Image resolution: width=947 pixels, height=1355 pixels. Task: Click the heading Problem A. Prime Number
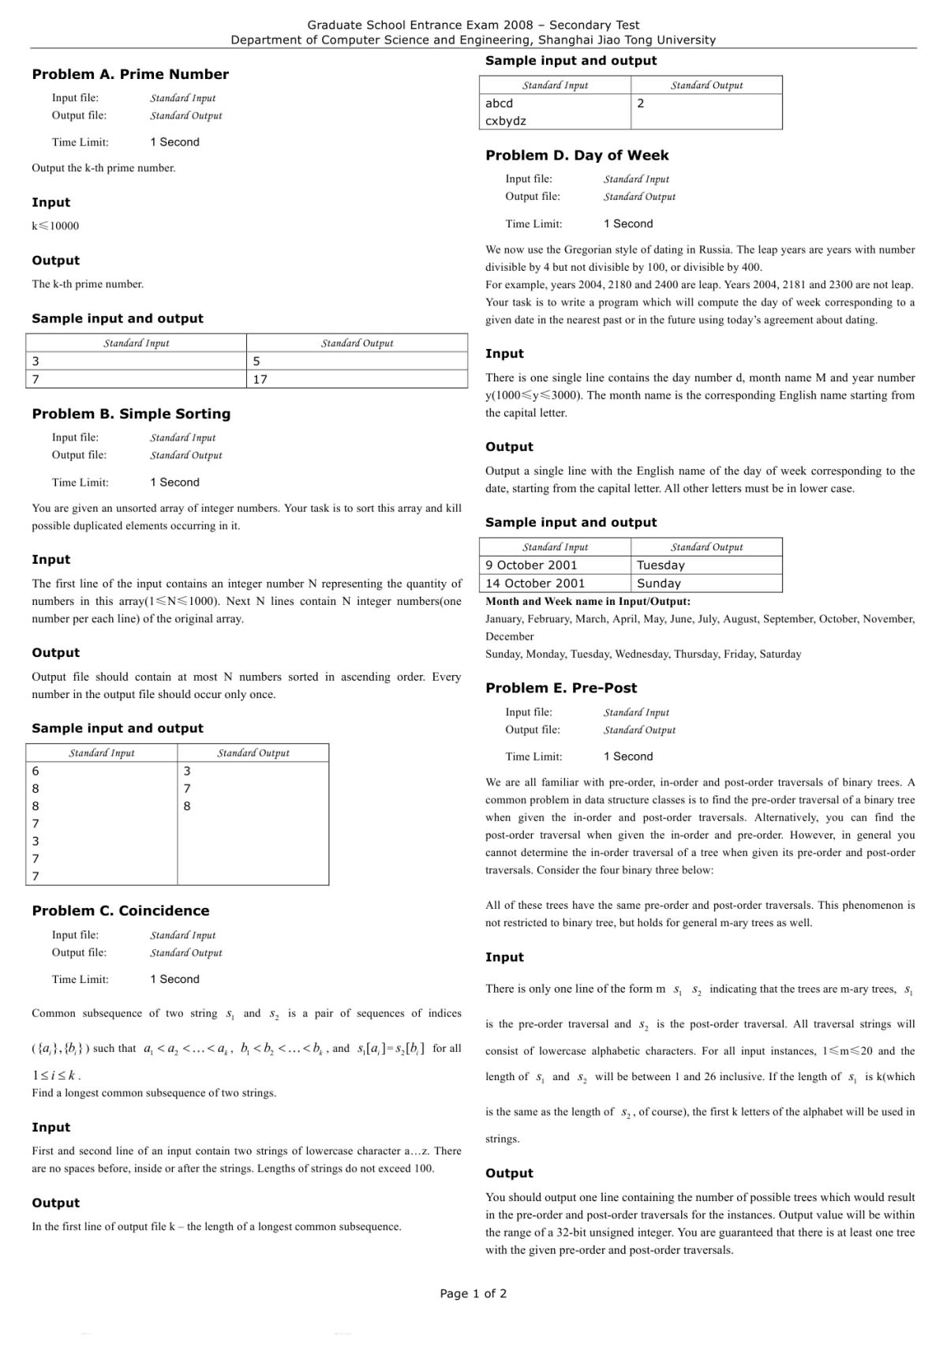tap(130, 74)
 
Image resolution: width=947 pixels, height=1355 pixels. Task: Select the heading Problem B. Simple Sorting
tap(131, 414)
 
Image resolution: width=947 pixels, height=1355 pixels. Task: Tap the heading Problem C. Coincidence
tap(120, 910)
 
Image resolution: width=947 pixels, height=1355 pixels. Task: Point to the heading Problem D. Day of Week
tap(577, 156)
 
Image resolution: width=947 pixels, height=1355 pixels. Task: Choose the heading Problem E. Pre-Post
tap(561, 688)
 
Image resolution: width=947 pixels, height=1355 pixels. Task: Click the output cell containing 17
tap(260, 379)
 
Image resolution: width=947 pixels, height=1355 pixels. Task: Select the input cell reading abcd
tap(500, 103)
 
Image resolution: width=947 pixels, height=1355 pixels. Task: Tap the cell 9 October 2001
tap(531, 565)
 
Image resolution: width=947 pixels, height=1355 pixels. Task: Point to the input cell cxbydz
tap(506, 121)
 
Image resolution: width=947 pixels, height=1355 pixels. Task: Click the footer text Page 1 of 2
tap(473, 1293)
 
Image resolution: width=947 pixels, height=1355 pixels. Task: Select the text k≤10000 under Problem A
tap(55, 226)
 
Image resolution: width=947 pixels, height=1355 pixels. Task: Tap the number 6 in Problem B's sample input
tap(36, 771)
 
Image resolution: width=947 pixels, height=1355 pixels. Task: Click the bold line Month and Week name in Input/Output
tap(588, 602)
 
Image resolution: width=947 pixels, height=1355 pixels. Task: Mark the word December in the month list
tap(510, 636)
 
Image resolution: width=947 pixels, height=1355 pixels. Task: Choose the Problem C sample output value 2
tap(641, 103)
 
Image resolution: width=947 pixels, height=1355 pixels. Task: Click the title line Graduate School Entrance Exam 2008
tap(473, 25)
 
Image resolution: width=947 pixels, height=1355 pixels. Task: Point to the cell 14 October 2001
tap(535, 584)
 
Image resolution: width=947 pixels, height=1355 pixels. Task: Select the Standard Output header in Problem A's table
tap(357, 343)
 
